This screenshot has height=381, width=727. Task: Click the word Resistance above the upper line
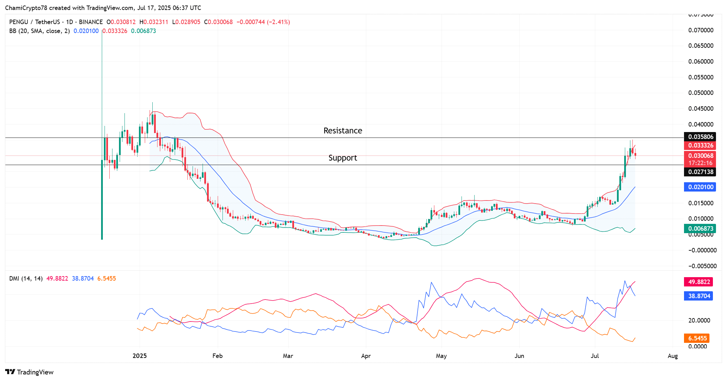click(343, 131)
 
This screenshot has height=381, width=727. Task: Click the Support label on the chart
click(343, 158)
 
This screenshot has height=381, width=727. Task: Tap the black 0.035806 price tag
click(700, 137)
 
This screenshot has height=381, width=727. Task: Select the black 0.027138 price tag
click(700, 172)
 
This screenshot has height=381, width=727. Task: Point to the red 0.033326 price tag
click(700, 145)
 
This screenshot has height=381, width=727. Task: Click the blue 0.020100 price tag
click(700, 187)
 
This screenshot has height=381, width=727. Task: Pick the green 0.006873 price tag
click(700, 229)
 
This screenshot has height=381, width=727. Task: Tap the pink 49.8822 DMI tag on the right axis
click(699, 282)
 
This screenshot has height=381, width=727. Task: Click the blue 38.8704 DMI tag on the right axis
click(699, 296)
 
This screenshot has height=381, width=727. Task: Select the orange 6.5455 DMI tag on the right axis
click(697, 338)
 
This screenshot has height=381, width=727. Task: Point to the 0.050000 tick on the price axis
click(701, 93)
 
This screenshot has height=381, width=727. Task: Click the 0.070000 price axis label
click(701, 30)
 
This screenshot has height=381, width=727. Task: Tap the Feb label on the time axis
click(217, 356)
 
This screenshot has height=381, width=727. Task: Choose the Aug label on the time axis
click(672, 356)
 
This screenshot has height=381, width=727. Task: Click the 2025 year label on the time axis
click(140, 356)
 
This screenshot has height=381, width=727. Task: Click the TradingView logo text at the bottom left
click(35, 372)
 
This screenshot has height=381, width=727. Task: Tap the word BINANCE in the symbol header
click(91, 22)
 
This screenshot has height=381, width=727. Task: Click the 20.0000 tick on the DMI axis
click(699, 320)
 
